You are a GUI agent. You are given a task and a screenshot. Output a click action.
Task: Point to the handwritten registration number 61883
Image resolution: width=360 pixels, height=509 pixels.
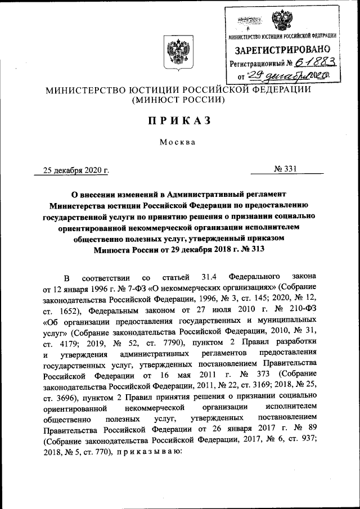[x=308, y=64]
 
